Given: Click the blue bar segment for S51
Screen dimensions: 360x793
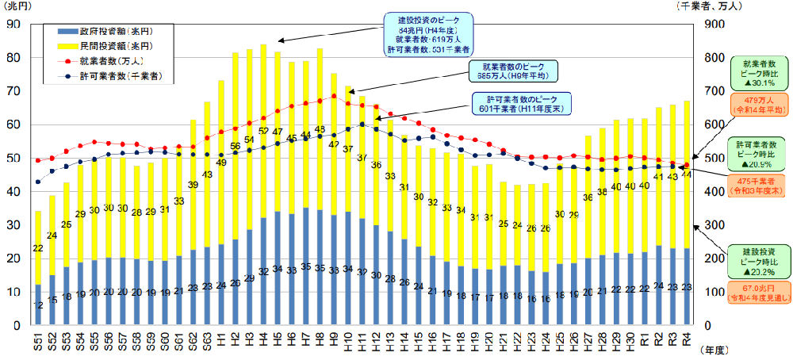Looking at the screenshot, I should click(x=38, y=304).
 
